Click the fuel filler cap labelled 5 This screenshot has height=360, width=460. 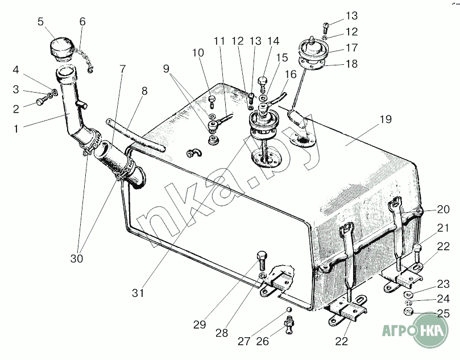61,48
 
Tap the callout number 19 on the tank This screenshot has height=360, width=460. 386,119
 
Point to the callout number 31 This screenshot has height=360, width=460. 138,292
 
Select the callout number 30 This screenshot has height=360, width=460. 77,259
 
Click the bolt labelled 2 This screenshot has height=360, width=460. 42,101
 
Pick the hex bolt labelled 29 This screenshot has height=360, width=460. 262,260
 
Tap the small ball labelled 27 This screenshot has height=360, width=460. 289,310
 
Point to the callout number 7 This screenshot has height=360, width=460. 123,69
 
